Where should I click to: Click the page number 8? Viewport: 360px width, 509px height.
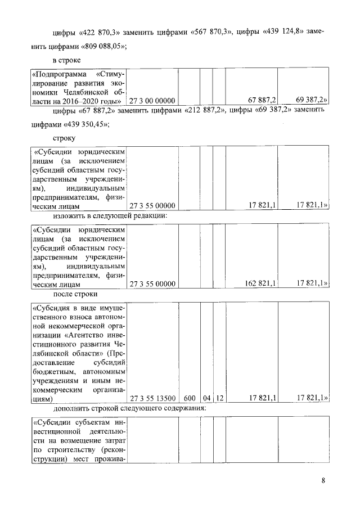[x=323, y=480]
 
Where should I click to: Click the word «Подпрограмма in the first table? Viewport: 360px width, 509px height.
[x=59, y=74]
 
